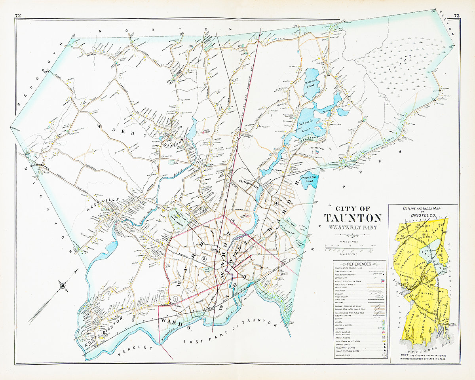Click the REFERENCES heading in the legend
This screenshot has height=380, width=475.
click(359, 264)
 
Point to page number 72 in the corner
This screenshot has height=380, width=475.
click(18, 15)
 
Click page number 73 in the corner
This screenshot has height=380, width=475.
click(456, 15)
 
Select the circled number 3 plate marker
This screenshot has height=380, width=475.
click(233, 220)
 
